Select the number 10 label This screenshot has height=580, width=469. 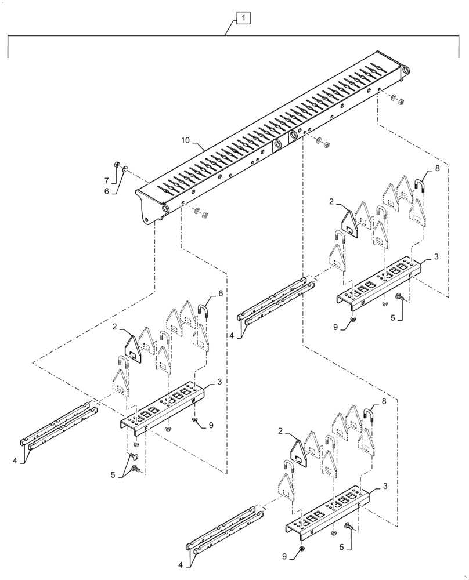tap(185, 141)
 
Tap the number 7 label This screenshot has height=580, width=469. tap(106, 180)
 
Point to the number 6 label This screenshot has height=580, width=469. tap(106, 191)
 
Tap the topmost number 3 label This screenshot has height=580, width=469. tap(436, 256)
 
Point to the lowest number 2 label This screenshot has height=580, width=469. tap(280, 431)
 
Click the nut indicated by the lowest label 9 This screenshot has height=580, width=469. tap(303, 548)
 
